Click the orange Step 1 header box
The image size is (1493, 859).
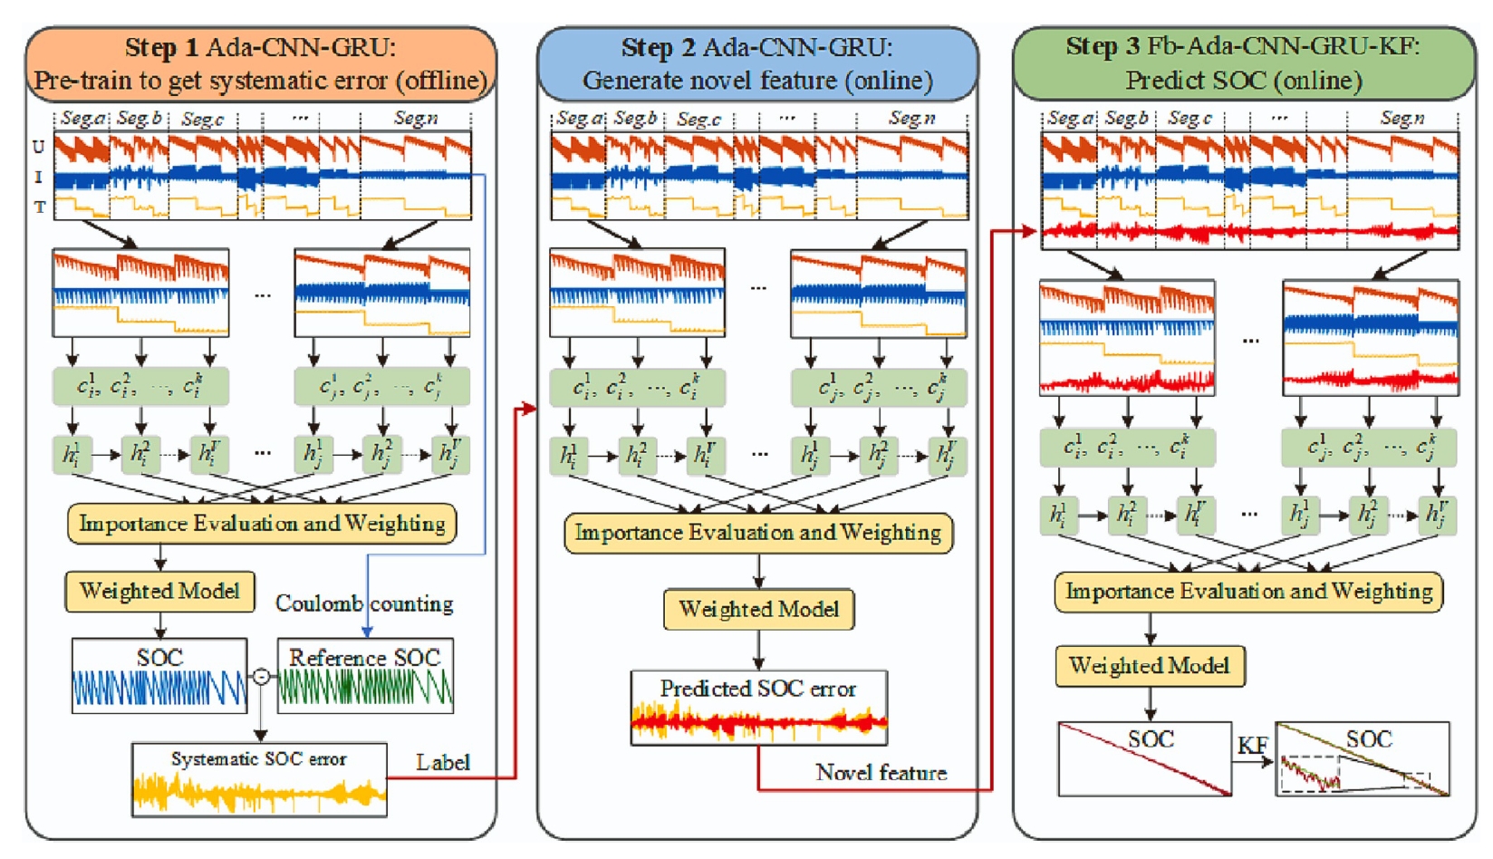point(261,63)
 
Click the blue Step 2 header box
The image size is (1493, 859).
point(757,63)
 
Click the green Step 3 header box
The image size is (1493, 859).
point(1243,63)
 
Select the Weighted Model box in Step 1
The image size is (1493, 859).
point(159,592)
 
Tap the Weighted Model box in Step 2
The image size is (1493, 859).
point(759,609)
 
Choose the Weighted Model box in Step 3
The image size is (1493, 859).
point(1150,666)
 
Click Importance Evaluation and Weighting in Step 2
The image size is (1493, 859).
point(758,533)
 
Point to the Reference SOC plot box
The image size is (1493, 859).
point(365,676)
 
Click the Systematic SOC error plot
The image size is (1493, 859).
point(259,780)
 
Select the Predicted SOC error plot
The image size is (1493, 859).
point(758,708)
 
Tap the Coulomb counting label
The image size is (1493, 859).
point(364,603)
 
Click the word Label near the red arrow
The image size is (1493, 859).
point(443,763)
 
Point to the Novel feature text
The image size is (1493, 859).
point(881,773)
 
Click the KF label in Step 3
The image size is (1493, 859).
point(1253,746)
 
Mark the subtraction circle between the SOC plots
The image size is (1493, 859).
point(261,676)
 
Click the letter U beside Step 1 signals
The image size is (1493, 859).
point(39,147)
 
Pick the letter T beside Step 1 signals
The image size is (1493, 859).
point(39,208)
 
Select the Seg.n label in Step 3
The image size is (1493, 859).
point(1401,119)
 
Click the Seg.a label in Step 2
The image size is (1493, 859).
point(579,119)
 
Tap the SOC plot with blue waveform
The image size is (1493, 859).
point(159,676)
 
